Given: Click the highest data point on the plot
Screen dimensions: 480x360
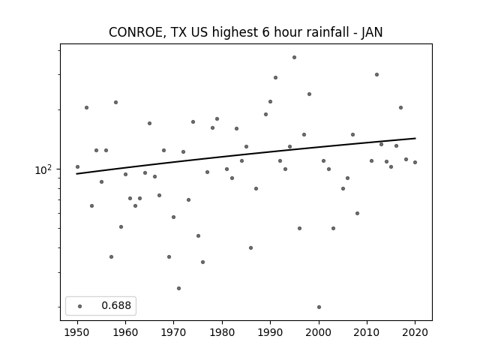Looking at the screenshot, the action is tap(294, 57).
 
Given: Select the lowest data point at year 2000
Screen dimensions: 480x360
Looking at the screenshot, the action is tap(319, 307).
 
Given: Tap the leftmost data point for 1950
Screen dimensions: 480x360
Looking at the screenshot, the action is tap(77, 166).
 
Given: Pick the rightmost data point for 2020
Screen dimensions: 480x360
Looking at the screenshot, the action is tap(415, 162).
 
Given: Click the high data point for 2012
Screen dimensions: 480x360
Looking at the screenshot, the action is tap(376, 75).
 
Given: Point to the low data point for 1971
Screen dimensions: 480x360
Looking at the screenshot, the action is tap(178, 288).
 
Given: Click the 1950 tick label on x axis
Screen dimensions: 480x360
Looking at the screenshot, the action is tap(77, 332).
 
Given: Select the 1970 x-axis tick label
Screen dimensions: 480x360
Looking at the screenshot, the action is tap(174, 332).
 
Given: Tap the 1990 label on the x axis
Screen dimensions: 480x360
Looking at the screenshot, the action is tap(270, 332).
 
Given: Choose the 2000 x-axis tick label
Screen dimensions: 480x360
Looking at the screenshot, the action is tap(319, 332).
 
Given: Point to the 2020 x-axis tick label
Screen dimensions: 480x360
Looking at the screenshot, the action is tap(415, 332).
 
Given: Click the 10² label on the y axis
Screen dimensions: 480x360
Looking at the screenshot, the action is tap(43, 169).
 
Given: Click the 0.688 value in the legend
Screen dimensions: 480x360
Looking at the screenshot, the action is tap(116, 305).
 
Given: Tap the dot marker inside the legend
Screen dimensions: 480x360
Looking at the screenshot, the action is tap(80, 306).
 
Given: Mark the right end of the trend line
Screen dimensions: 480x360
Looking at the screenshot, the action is tap(415, 138).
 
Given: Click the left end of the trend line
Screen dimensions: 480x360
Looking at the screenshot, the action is tap(76, 174).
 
